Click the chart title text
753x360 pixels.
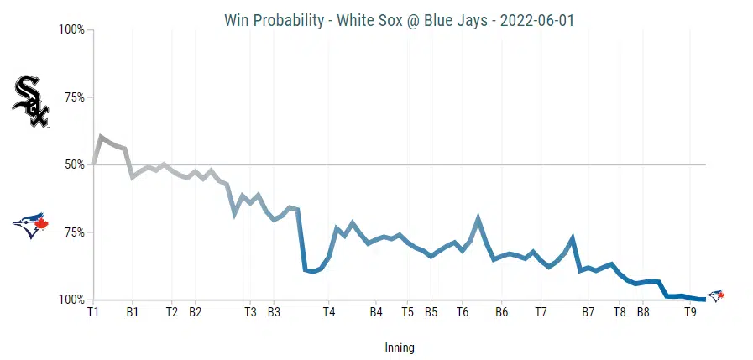(x=400, y=20)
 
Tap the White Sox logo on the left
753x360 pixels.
(x=30, y=102)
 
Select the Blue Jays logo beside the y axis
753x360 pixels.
(x=31, y=225)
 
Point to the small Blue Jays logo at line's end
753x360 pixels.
(x=715, y=295)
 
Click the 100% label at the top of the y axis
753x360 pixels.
(x=71, y=30)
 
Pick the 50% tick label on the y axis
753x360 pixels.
(x=74, y=164)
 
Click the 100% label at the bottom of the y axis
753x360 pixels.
(x=71, y=300)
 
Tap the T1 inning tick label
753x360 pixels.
(x=93, y=312)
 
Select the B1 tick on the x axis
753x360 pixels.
(x=132, y=312)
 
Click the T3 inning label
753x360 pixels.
(x=250, y=312)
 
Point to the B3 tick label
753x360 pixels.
(x=274, y=312)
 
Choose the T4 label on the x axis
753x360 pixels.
(x=329, y=312)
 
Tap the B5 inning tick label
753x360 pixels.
(x=431, y=312)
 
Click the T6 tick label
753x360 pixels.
(x=463, y=312)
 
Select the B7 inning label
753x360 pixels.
(x=588, y=312)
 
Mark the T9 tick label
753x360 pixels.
(x=690, y=312)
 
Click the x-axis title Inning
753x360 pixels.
(x=400, y=347)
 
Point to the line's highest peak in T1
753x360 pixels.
(x=101, y=136)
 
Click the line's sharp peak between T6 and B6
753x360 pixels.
(x=478, y=218)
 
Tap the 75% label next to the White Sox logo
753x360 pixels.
(x=74, y=97)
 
